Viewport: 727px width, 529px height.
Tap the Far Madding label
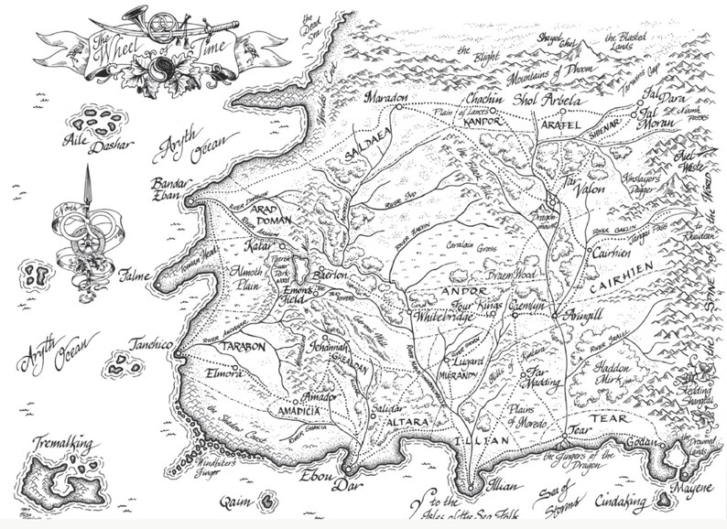548,377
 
